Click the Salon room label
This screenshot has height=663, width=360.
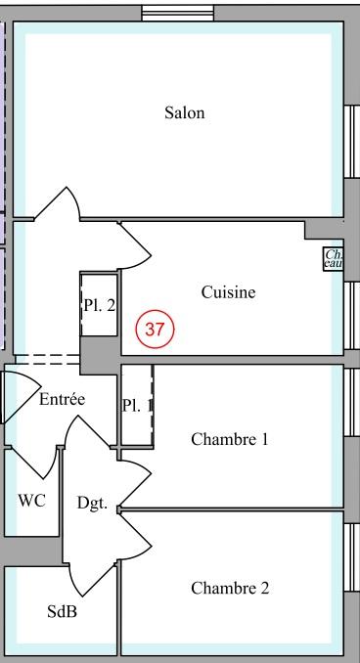185,112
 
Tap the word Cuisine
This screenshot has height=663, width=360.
228,291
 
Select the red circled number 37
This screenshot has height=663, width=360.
155,329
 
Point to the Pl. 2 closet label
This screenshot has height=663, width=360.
99,305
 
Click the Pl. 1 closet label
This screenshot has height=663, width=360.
137,405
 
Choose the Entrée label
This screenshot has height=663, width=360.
63,399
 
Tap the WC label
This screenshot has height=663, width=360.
31,501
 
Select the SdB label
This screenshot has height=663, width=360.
63,612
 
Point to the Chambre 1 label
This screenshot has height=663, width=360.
229,439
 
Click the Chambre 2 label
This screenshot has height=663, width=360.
229,588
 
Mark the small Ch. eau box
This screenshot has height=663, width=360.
334,258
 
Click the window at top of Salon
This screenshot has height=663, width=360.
177,13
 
